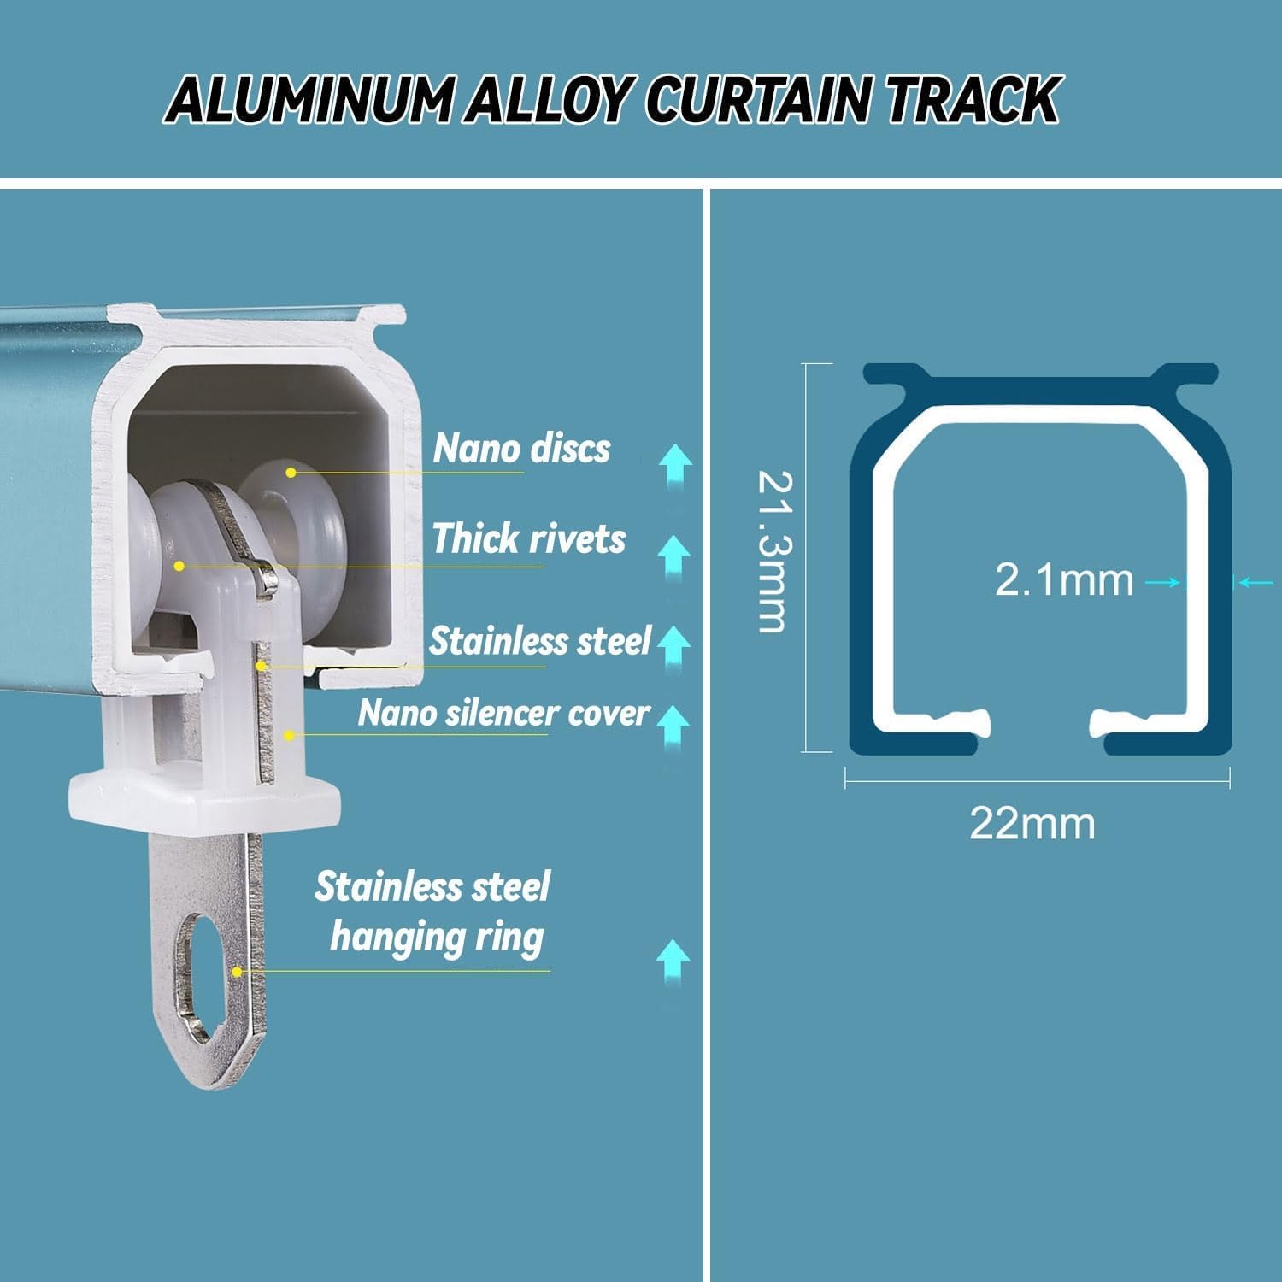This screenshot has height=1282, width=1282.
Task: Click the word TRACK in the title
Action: tap(972, 100)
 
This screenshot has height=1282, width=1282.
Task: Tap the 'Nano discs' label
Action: tap(521, 449)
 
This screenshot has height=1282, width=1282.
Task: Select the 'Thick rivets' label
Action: tap(529, 538)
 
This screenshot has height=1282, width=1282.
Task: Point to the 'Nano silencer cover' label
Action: tap(503, 713)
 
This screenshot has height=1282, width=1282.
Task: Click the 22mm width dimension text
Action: tap(1032, 824)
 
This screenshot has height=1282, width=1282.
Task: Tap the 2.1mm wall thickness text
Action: tap(1064, 580)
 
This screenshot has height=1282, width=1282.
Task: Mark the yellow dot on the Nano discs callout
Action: tap(291, 472)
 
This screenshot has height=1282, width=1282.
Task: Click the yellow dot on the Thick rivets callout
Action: tap(179, 565)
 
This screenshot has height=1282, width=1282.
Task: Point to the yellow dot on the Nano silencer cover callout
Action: tap(290, 734)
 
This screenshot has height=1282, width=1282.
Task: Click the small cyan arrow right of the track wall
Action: tap(1255, 583)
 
